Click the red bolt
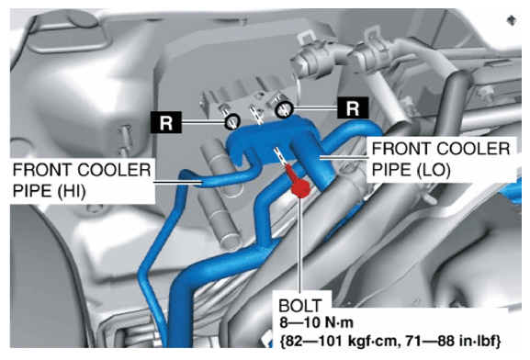point(299,185)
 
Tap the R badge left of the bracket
point(166,122)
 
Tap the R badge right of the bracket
point(353,107)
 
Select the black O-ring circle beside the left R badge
point(232,121)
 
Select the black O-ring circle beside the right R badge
point(284,109)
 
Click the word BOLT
point(299,306)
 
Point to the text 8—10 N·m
point(316,322)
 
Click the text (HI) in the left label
point(71,191)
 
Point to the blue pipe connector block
point(270,139)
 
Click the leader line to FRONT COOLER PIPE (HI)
point(178,183)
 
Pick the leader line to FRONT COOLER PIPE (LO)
point(344,157)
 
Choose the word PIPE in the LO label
point(390,170)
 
